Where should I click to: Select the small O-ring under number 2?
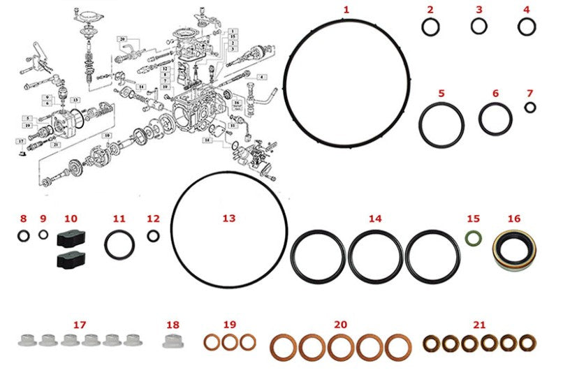(x=431, y=27)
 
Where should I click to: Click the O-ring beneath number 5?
(x=441, y=126)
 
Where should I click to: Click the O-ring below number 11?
(x=119, y=245)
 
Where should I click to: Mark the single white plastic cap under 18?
(x=173, y=341)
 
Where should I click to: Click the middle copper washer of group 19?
(x=230, y=342)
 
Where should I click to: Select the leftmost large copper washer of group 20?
(x=283, y=347)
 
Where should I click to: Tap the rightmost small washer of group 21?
(x=528, y=342)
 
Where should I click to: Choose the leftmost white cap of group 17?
(x=27, y=340)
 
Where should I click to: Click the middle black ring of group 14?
(x=375, y=256)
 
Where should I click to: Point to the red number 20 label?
(x=340, y=325)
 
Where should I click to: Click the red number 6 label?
(x=495, y=93)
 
